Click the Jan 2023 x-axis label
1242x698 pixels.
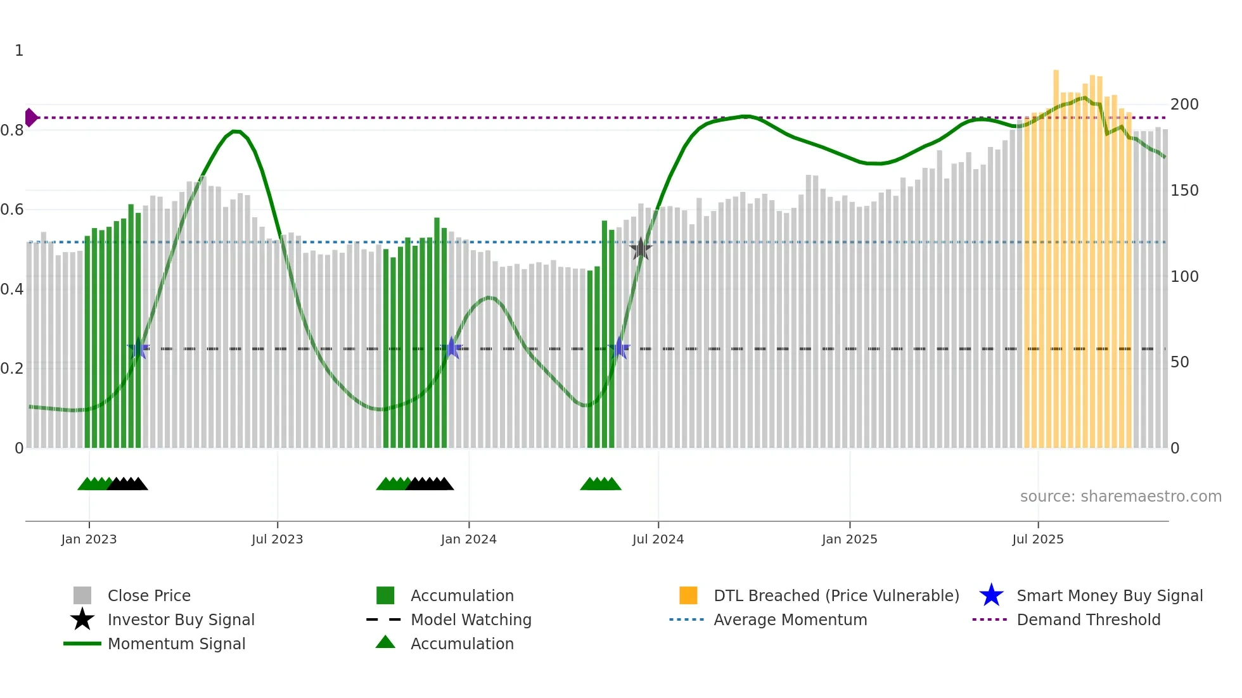tap(89, 539)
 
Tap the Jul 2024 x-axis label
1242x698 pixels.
tap(658, 539)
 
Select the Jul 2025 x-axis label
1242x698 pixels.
tap(1037, 539)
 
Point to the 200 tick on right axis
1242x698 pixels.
tap(1184, 105)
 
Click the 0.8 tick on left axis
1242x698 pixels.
tap(12, 130)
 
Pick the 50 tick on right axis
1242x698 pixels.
tap(1180, 362)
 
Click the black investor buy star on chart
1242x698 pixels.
tap(641, 249)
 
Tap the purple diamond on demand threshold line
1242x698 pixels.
tap(30, 118)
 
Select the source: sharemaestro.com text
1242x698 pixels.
tap(1120, 497)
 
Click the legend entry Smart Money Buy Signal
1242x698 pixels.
tap(1109, 596)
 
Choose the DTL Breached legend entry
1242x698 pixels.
tap(836, 596)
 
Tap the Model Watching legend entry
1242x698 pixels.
tap(470, 620)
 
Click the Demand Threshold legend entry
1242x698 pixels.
tap(1088, 620)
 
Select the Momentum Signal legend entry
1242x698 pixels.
tap(176, 644)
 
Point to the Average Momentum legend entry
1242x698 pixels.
tap(790, 620)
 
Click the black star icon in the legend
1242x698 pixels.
tap(82, 619)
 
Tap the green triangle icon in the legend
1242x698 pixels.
tap(385, 643)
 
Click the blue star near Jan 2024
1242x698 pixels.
tap(452, 348)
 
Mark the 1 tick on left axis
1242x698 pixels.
tap(19, 51)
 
